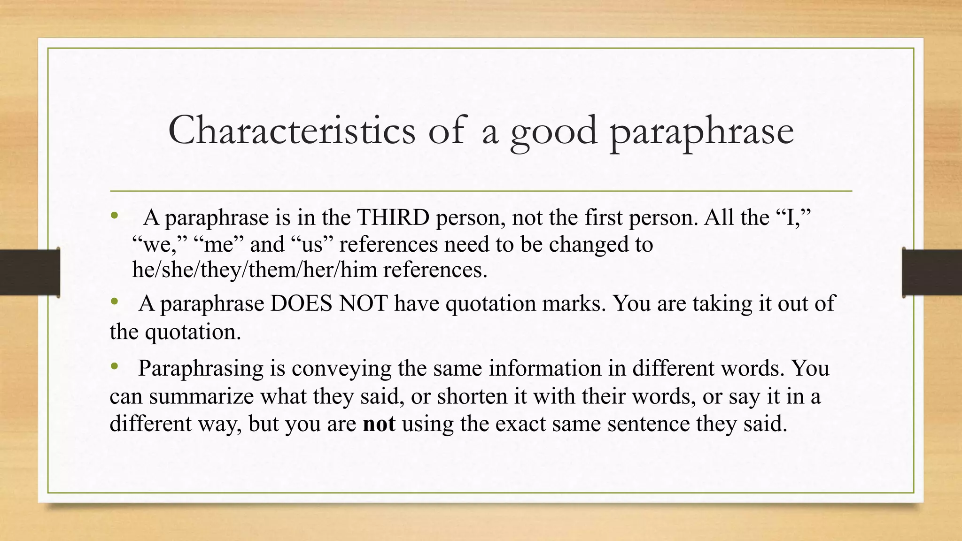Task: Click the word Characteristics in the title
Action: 292,130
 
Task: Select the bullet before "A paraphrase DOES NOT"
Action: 114,302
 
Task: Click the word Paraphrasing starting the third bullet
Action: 201,369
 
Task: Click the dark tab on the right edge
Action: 932,272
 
